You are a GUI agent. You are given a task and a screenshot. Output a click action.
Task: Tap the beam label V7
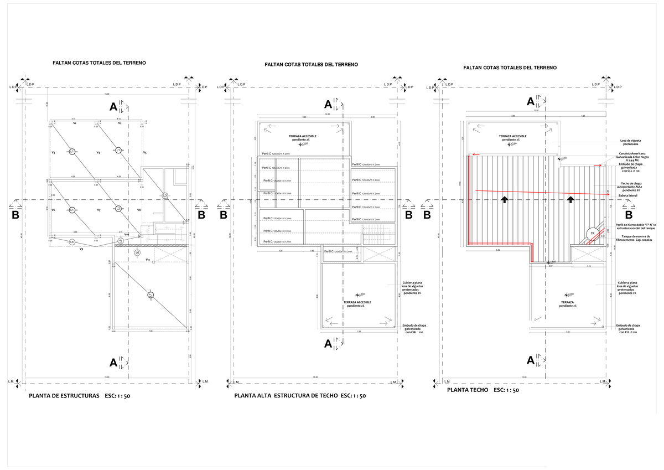[x=98, y=210]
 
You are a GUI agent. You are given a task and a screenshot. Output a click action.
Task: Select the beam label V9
[x=81, y=249]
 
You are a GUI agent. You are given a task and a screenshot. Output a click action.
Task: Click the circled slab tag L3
[x=164, y=195]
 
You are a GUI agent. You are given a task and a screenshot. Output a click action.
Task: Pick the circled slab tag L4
[x=72, y=242]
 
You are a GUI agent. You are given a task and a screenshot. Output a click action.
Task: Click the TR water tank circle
[x=593, y=234]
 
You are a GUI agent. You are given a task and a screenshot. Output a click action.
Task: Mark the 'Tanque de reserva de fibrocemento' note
[x=636, y=239]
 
